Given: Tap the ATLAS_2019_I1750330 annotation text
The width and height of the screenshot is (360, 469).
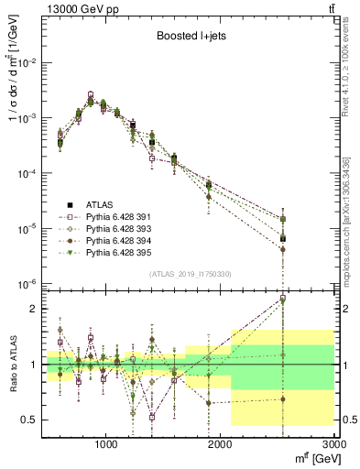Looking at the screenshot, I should coord(190,274).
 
